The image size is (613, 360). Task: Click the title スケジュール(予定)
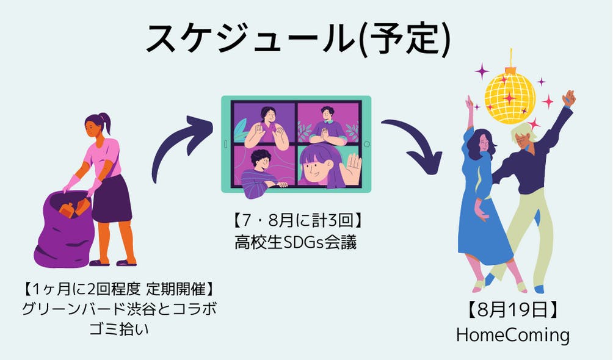tap(299, 38)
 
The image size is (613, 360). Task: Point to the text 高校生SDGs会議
tap(296, 242)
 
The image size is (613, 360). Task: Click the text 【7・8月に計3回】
tap(296, 219)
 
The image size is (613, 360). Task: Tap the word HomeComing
tap(513, 335)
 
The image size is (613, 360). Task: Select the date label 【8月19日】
tap(513, 312)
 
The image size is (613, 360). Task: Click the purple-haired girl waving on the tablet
tap(327, 168)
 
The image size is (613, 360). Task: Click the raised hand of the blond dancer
tap(570, 98)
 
